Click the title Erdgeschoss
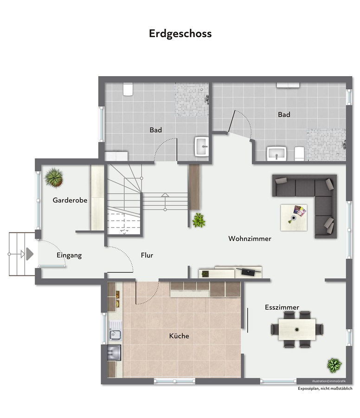coord(180,33)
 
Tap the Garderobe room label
coord(70,201)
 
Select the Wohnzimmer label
coord(250,238)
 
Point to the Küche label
coord(179,336)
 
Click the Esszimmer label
coord(282,307)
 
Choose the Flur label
coord(147,255)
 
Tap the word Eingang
coord(69,255)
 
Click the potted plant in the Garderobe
coord(54,177)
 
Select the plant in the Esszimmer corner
coord(334,365)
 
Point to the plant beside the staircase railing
coord(199,220)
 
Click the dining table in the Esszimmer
coord(297,329)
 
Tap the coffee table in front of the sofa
coord(293,217)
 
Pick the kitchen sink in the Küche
coord(114,333)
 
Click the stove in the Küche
coord(114,353)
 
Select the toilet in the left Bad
coord(128,89)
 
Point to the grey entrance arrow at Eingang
coord(29,254)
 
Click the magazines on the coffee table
coord(300,211)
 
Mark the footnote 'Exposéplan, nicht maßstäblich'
coord(325,388)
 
